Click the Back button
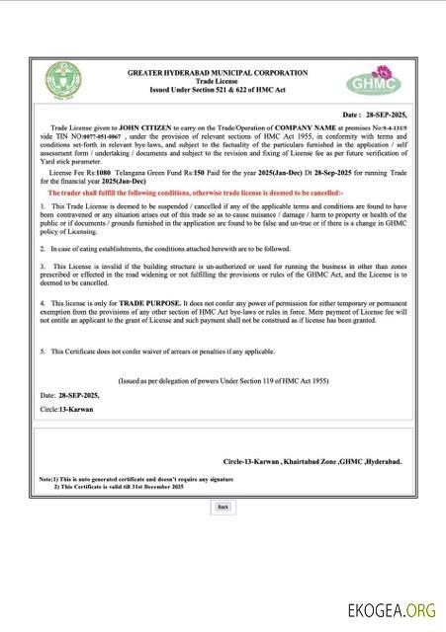(x=223, y=507)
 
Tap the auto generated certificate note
(x=137, y=479)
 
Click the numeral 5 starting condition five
(x=43, y=351)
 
